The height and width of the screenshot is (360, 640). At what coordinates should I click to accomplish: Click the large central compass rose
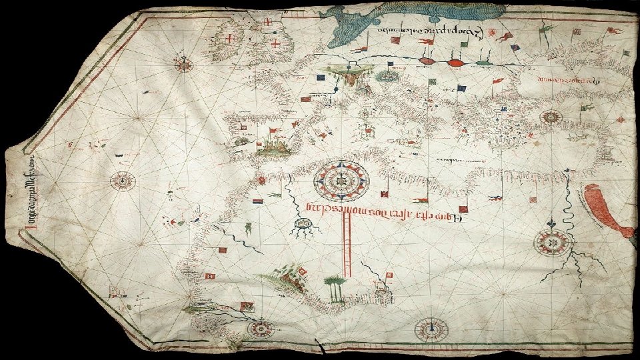341,176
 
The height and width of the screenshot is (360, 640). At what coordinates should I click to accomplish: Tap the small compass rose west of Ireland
185,64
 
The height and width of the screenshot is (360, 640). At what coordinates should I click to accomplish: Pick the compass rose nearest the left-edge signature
123,180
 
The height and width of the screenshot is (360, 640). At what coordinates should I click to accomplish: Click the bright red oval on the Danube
455,63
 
